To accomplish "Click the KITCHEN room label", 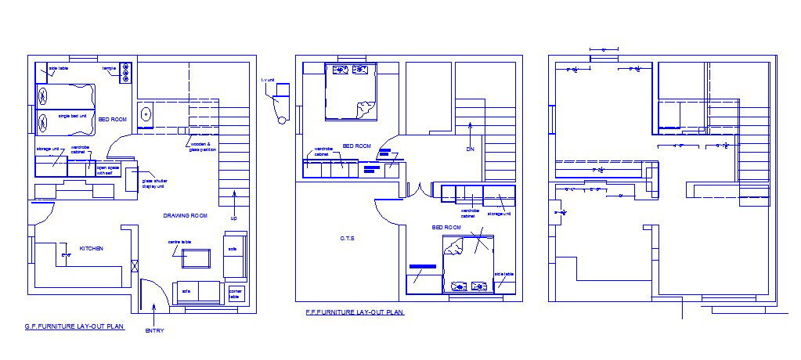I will [92, 248].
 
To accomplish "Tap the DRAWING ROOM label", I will [185, 215].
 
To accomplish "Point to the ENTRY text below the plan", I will [155, 330].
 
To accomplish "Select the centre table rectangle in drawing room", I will [197, 258].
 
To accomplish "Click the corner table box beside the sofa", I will [235, 293].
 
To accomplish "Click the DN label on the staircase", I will [471, 149].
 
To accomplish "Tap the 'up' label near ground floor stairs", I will [233, 218].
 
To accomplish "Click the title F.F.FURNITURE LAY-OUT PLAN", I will [355, 311].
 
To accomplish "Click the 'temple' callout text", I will [108, 69].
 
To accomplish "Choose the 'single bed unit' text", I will [73, 116].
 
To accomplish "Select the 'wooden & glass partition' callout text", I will [203, 146].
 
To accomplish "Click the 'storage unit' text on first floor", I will [499, 213].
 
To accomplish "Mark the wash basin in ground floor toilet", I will [146, 115].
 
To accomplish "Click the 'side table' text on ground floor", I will [59, 69].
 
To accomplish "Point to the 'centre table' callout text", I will [179, 243].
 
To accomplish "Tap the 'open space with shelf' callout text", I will [107, 170].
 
